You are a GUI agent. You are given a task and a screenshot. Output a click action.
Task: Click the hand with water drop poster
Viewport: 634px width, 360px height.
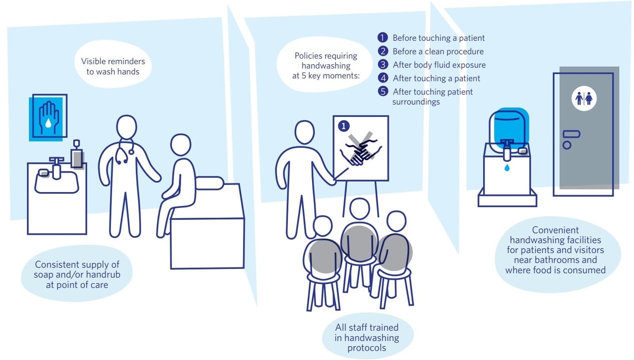pos(48,117)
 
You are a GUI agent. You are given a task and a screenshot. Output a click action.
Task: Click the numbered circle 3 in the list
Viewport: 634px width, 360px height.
pos(383,64)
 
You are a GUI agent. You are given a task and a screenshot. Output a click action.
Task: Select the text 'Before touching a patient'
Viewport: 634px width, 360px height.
pos(438,38)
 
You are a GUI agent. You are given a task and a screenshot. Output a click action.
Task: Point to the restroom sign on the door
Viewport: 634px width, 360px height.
pos(583,98)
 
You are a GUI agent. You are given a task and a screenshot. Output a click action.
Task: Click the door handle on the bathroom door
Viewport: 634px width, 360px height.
pos(571,134)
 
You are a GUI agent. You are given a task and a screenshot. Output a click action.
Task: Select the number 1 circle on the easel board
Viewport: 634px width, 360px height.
pos(343,125)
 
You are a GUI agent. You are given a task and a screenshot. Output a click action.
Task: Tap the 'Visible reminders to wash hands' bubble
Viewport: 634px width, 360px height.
pos(113,66)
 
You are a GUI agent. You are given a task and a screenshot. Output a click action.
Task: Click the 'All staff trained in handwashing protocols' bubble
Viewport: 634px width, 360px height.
pos(366,337)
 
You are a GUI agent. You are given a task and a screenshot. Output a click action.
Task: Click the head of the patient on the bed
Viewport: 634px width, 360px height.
pos(180,145)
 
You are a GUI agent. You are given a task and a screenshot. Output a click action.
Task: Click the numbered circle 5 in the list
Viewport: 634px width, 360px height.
pos(383,91)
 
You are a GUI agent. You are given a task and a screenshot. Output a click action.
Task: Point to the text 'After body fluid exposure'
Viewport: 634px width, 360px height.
pos(439,65)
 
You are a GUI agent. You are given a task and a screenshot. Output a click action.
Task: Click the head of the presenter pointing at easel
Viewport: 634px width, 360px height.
pos(305,133)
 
